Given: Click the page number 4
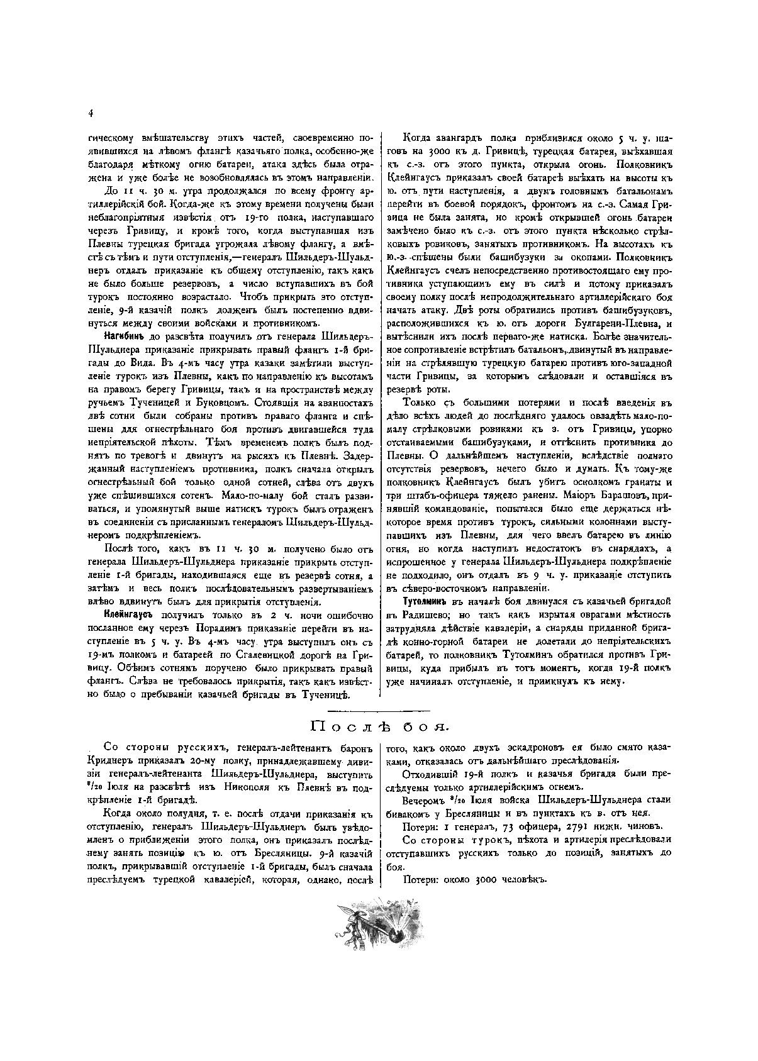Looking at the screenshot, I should (91, 113).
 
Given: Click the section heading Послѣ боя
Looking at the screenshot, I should (379, 728).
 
